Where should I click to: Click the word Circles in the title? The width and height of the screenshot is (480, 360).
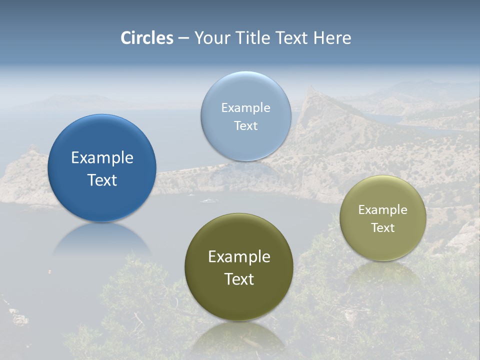coord(147,38)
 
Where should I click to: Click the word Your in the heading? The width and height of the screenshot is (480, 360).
coord(210,38)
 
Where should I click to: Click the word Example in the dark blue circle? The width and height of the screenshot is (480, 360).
coord(102,158)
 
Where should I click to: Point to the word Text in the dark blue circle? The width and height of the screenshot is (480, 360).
coord(102,180)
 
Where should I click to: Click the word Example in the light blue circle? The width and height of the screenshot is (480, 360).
coord(246,108)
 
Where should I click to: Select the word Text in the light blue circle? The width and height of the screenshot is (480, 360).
coord(246,125)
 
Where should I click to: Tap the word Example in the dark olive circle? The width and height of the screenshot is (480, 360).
coord(239,257)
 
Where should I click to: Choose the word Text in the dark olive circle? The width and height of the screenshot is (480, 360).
coord(239,279)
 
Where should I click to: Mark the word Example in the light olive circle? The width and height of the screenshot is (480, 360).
coord(383,210)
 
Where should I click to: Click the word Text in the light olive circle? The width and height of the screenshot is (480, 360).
coord(383,228)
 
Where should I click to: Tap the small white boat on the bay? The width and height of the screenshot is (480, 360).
coord(209,201)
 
